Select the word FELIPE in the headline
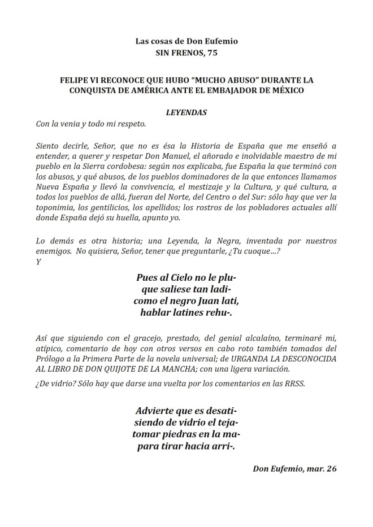click(x=75, y=80)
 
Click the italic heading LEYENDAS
click(x=186, y=112)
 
